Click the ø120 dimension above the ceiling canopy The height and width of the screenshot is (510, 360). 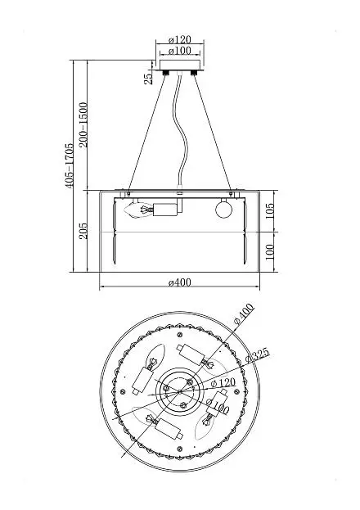click(180, 39)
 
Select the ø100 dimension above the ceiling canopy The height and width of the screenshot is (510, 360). click(180, 51)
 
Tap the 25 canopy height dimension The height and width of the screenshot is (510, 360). click(148, 79)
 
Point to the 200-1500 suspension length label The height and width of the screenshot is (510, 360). click(83, 124)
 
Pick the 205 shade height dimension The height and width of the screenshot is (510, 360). click(83, 231)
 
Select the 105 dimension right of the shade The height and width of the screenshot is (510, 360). click(270, 211)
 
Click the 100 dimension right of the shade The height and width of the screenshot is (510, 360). click(270, 252)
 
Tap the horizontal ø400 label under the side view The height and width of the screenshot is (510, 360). click(180, 282)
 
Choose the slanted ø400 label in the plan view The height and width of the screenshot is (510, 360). click(244, 314)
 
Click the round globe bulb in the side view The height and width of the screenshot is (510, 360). click(224, 210)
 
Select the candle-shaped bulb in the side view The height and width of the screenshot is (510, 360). click(140, 210)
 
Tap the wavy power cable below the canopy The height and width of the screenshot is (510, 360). click(181, 130)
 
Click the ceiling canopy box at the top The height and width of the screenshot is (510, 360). click(180, 65)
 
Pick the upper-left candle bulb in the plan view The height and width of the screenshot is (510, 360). click(156, 357)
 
